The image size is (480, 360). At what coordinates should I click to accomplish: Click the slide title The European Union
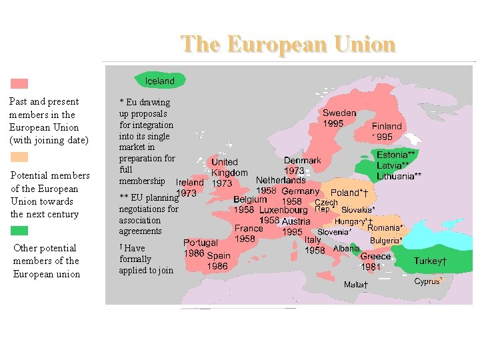click(x=288, y=44)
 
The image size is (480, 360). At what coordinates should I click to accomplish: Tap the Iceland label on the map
click(x=160, y=81)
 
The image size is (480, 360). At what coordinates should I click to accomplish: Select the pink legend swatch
click(x=19, y=84)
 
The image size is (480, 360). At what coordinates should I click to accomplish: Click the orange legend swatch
click(x=19, y=158)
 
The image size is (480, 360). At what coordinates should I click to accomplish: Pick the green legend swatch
click(x=19, y=231)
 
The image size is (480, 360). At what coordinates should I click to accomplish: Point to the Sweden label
click(x=339, y=113)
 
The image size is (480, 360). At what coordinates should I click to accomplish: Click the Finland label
click(x=387, y=126)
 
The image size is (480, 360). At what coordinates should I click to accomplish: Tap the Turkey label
click(x=430, y=261)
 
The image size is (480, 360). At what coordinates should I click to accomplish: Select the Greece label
click(x=376, y=257)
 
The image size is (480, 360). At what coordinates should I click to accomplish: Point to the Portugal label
click(x=201, y=243)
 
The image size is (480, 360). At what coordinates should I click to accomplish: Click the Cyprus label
click(x=428, y=281)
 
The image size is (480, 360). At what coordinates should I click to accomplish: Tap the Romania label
click(x=384, y=227)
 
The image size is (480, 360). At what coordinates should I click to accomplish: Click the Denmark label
click(x=302, y=161)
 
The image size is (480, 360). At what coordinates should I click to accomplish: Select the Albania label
click(x=346, y=248)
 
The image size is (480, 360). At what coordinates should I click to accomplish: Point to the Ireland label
click(x=190, y=182)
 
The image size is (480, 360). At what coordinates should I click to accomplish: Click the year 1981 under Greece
click(x=370, y=267)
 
